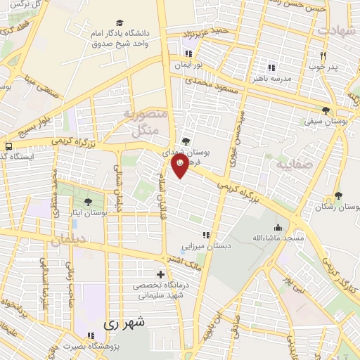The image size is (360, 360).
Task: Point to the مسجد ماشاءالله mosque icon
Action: tap(278, 228)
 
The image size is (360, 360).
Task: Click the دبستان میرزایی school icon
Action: tap(205, 236)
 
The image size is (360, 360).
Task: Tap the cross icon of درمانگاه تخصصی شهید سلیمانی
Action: tap(161, 274)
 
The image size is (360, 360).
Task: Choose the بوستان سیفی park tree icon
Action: tap(325, 110)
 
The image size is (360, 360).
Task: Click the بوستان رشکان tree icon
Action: tap(338, 195)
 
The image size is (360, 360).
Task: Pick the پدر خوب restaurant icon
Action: tap(323, 56)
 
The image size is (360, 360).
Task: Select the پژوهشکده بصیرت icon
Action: tap(89, 335)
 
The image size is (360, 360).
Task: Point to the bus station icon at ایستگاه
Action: tap(8, 146)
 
